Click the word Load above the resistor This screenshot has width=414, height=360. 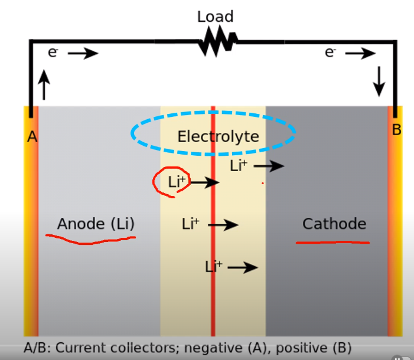coord(215,17)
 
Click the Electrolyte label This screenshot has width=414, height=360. coord(218,137)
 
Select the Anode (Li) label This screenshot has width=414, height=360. coord(96,224)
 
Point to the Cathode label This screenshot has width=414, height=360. coord(334,224)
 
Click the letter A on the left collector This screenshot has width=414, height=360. coord(32,137)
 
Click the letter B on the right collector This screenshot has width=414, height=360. coord(396,130)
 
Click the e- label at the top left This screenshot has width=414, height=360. coord(53,53)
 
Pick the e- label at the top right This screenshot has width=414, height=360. coord(330,53)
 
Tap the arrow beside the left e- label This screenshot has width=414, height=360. coord(83,54)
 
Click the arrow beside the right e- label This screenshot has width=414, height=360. coord(360,54)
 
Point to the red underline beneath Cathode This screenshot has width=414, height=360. coord(332,241)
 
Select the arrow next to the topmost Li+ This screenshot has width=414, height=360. coord(269,166)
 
